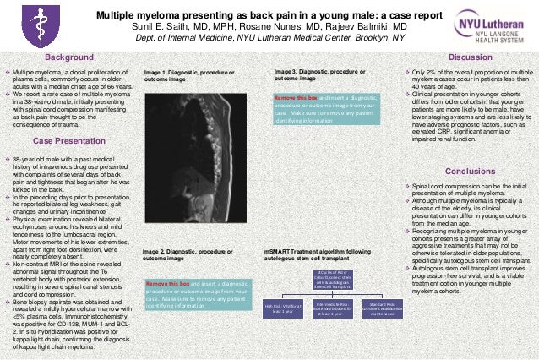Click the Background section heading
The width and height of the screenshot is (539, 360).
[x=69, y=57]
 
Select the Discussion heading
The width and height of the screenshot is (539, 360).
[x=470, y=57]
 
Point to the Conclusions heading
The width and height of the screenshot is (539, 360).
[x=470, y=171]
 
